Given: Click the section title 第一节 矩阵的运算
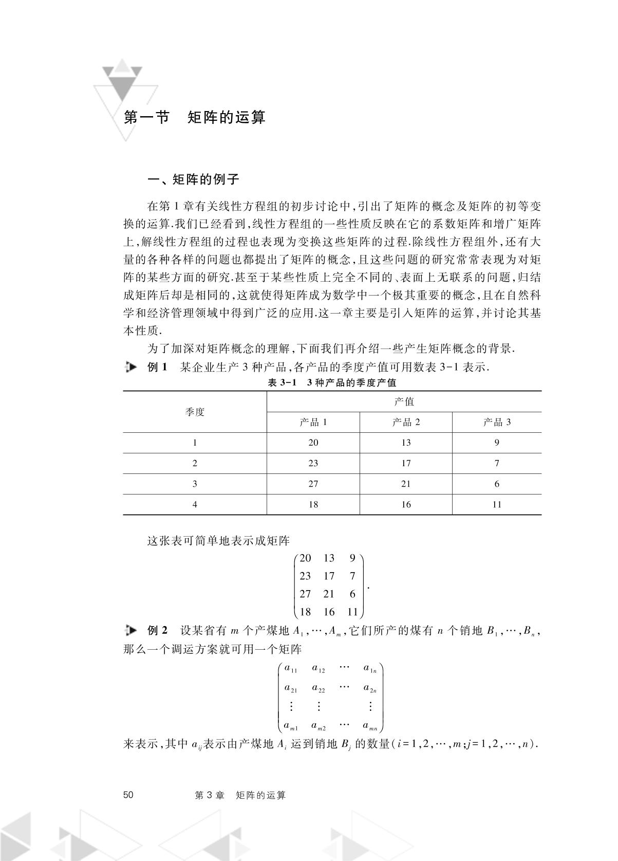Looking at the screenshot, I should click(195, 117).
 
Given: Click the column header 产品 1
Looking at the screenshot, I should click(313, 422).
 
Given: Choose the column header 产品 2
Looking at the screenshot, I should click(406, 422).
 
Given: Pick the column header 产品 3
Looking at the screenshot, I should click(497, 422).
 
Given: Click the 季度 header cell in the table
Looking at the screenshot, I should click(195, 412).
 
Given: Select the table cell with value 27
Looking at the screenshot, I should click(313, 484).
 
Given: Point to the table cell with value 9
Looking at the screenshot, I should click(497, 443).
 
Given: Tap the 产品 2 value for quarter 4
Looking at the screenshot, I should click(406, 504).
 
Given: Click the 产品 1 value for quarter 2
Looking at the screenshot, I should click(313, 463).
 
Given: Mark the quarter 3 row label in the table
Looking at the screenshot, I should click(195, 484).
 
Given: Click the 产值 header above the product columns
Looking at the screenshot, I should click(404, 401).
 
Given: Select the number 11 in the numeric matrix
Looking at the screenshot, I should click(352, 612).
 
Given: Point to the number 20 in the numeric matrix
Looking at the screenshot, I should click(305, 558).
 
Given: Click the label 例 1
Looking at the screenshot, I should click(157, 367).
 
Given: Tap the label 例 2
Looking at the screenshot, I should click(157, 630).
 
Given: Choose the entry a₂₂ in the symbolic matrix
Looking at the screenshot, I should click(319, 688).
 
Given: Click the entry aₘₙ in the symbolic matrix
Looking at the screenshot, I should click(370, 726).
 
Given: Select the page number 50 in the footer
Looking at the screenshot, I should click(128, 795).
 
